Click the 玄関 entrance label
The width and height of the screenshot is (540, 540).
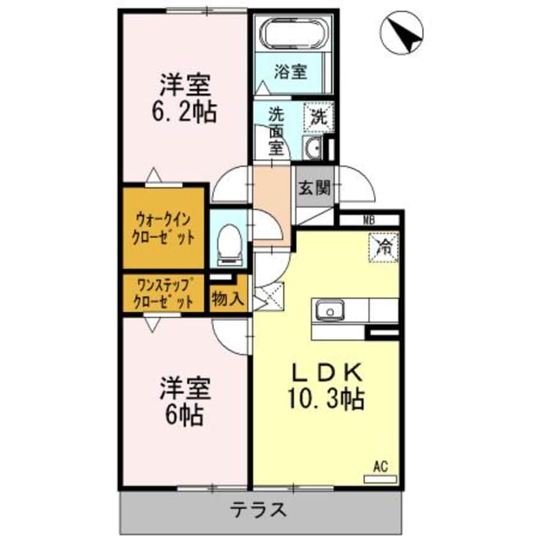(x=314, y=188)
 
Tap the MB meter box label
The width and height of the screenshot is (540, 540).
(x=369, y=221)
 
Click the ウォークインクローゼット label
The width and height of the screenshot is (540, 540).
(x=163, y=228)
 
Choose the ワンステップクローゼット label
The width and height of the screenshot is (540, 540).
(x=163, y=294)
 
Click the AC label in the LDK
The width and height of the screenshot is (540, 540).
(x=380, y=466)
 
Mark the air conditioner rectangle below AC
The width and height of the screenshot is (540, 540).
(x=380, y=478)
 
